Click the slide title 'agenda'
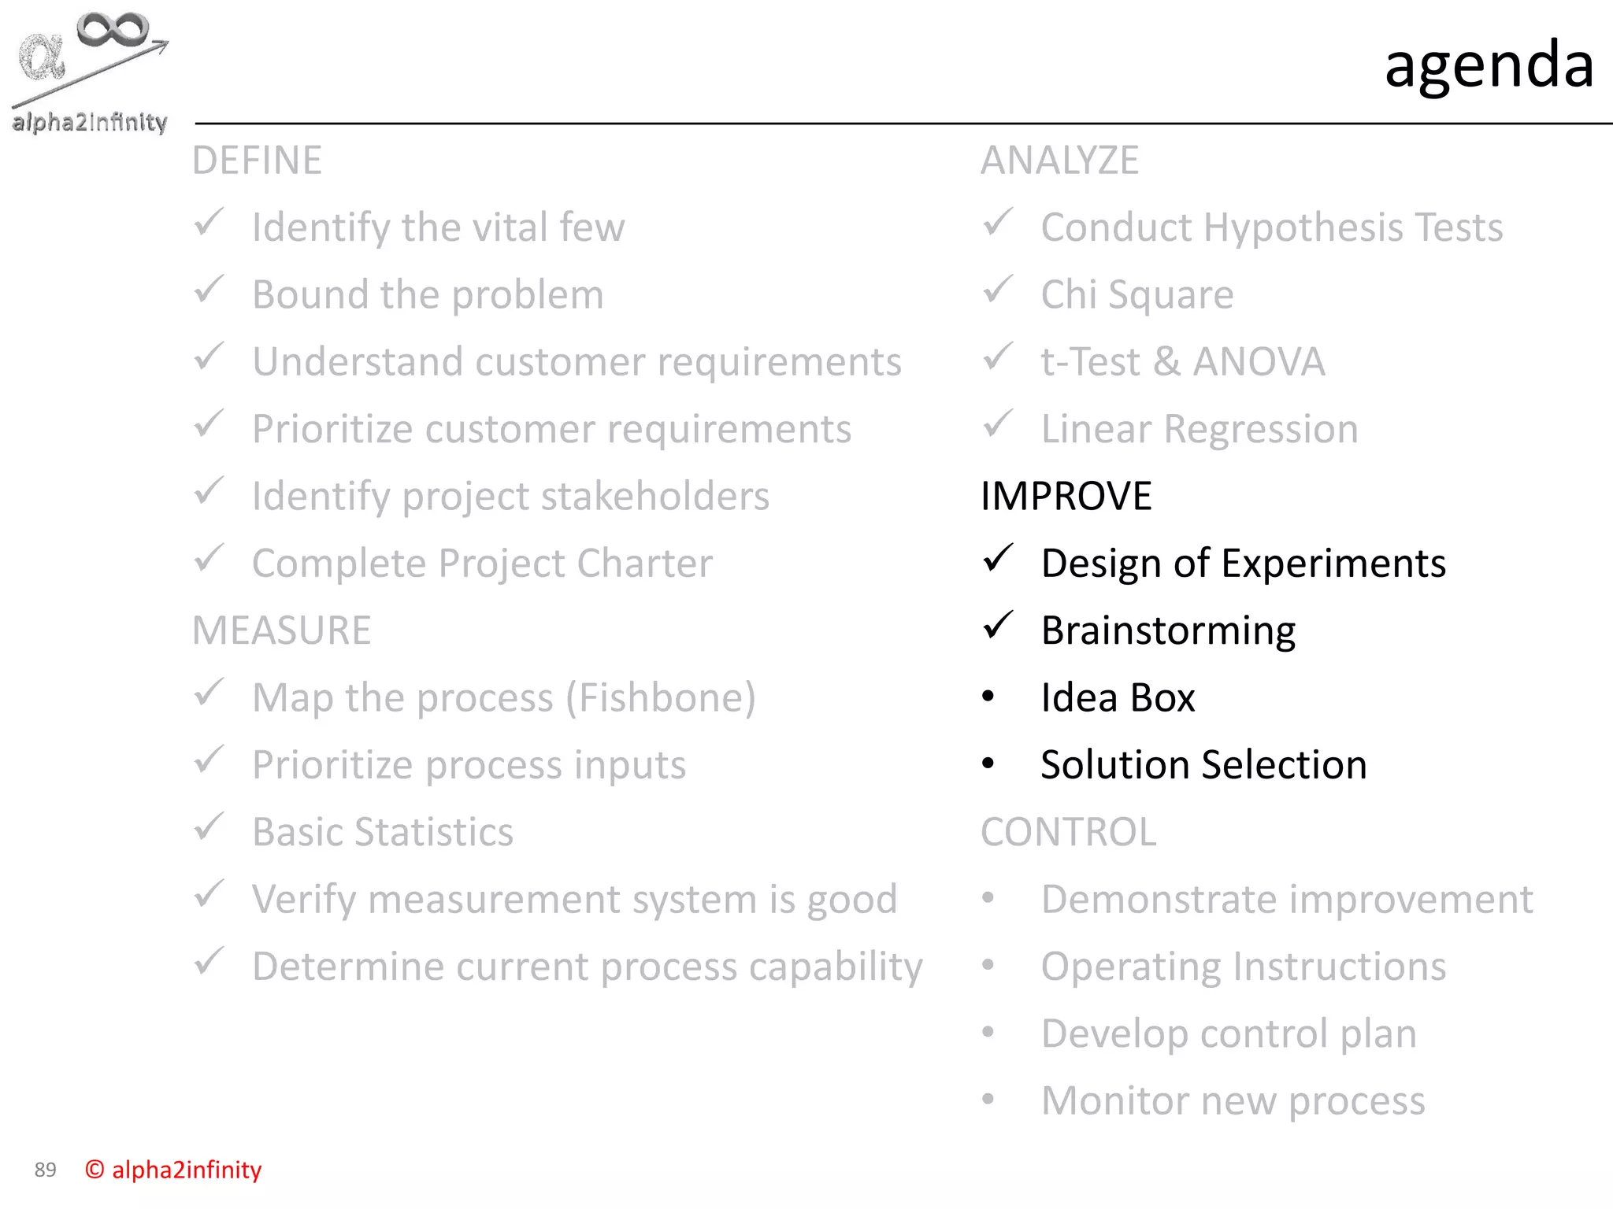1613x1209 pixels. pos(1489,65)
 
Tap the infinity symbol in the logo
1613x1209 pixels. pos(113,30)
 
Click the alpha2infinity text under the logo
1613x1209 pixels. pos(90,122)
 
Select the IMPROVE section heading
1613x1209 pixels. pos(1066,496)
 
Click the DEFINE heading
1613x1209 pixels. pos(257,161)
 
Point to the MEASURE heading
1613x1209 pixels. pos(281,630)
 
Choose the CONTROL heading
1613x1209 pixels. pos(1068,832)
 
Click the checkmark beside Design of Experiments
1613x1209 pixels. pos(997,559)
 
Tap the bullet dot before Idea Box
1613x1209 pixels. pos(988,697)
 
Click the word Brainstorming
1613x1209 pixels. pos(1168,631)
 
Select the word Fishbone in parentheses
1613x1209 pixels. pos(661,698)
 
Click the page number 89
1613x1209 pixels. pos(46,1170)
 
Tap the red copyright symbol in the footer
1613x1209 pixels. pos(95,1170)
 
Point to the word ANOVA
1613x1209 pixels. pos(1258,362)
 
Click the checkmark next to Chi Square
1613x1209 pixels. pos(997,290)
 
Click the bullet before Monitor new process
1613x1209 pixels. pos(988,1100)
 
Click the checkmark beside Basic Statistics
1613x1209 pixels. pos(210,827)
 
